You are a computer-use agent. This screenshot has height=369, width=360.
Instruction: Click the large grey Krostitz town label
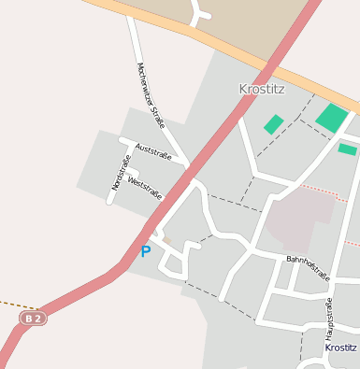point(261,90)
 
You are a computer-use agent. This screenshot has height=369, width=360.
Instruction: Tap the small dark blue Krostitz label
point(340,348)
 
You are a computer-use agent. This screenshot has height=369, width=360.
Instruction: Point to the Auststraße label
point(153,150)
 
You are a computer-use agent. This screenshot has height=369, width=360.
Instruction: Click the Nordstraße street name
point(121,172)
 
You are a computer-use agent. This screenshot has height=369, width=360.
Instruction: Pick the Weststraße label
point(145,189)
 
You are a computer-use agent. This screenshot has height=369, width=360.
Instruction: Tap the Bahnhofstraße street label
point(308,267)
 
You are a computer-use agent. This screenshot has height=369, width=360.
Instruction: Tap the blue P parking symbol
point(145,251)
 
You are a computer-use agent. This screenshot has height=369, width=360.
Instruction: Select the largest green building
point(332,118)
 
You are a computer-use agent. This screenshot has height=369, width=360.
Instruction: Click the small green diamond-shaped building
point(273,124)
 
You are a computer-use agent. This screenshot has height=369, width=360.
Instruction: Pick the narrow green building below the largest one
point(347,149)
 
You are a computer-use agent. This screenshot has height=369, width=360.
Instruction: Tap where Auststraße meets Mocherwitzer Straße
point(187,164)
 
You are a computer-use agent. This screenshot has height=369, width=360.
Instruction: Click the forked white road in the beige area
point(199,13)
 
